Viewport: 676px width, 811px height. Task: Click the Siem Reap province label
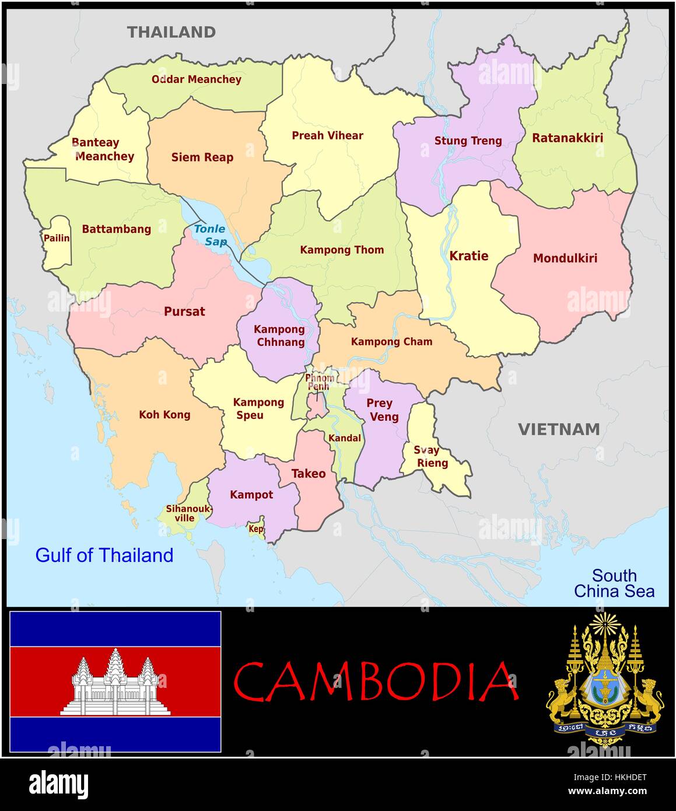(202, 157)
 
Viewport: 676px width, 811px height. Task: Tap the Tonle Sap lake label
(210, 235)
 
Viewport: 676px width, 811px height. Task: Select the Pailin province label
(57, 238)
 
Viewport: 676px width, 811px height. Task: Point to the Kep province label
(255, 529)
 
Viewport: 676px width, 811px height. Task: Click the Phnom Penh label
(320, 382)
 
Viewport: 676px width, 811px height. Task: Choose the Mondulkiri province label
(565, 258)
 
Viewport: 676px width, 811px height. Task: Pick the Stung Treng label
(468, 141)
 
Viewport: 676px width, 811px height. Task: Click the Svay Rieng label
(430, 457)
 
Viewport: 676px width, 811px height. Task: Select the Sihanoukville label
(188, 513)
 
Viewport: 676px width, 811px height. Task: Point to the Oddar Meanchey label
(196, 79)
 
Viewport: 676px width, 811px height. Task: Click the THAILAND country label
(171, 32)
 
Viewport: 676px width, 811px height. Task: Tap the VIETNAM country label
(559, 429)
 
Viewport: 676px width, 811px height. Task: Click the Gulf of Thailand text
(104, 555)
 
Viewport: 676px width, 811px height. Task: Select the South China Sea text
(614, 583)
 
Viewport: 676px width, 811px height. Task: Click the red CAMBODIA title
(376, 681)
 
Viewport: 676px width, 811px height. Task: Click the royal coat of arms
(604, 679)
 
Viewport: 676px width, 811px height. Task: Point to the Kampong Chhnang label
(280, 335)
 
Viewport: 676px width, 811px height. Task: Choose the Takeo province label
(308, 474)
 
